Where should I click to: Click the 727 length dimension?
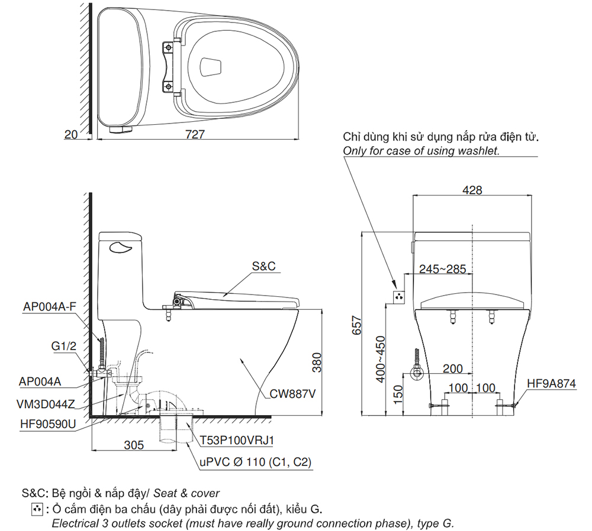195,134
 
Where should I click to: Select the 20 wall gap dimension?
71,134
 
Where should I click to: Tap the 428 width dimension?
472,190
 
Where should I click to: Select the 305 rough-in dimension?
134,445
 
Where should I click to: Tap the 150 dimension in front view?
398,392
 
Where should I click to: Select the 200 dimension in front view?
452,368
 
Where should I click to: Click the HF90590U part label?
46,425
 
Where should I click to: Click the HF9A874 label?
551,384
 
